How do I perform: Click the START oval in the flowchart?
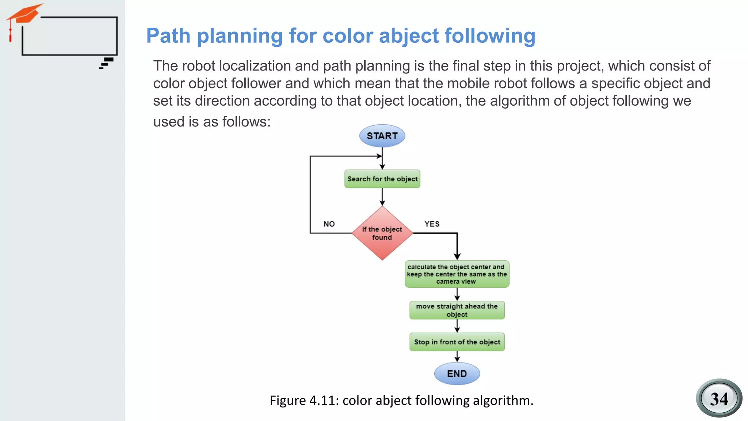pyautogui.click(x=382, y=136)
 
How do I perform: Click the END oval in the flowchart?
pyautogui.click(x=457, y=373)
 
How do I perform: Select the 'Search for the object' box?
pyautogui.click(x=382, y=179)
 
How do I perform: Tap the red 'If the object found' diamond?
pyautogui.click(x=382, y=233)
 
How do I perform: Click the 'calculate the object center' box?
pyautogui.click(x=457, y=274)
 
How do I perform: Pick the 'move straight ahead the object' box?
pyautogui.click(x=457, y=310)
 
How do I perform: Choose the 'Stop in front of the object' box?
pyautogui.click(x=457, y=342)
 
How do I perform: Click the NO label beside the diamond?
pyautogui.click(x=329, y=224)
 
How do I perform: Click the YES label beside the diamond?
pyautogui.click(x=432, y=224)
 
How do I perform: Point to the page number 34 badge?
pyautogui.click(x=719, y=398)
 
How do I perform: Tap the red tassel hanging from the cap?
pyautogui.click(x=11, y=35)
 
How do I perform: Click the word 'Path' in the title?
pyautogui.click(x=168, y=36)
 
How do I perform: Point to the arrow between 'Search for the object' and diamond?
pyautogui.click(x=382, y=197)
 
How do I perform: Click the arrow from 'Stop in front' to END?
pyautogui.click(x=457, y=357)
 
